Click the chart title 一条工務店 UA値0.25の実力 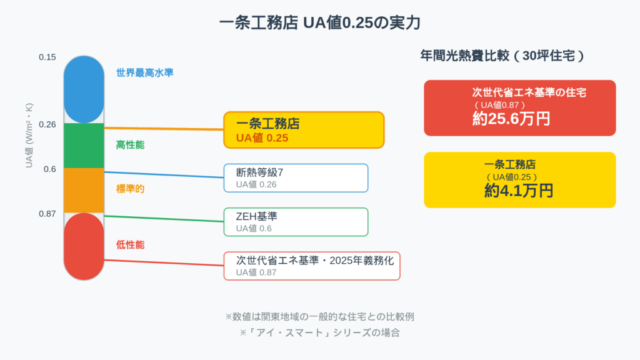click(x=319, y=23)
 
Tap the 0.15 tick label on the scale click(x=47, y=57)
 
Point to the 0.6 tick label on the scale click(x=50, y=169)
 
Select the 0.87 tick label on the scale click(x=47, y=214)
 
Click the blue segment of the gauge click(x=84, y=89)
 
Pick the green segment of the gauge click(x=84, y=146)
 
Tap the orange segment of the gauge click(x=84, y=191)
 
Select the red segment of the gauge click(x=84, y=246)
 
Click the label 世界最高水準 click(x=144, y=72)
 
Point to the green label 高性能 click(x=130, y=145)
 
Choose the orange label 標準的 click(x=130, y=188)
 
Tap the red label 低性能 click(x=130, y=245)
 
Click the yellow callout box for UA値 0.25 click(x=304, y=130)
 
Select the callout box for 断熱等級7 click(x=296, y=177)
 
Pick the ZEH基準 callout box click(x=296, y=222)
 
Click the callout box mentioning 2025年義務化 click(x=312, y=266)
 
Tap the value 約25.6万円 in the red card click(x=511, y=119)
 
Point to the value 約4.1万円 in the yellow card click(x=519, y=191)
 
